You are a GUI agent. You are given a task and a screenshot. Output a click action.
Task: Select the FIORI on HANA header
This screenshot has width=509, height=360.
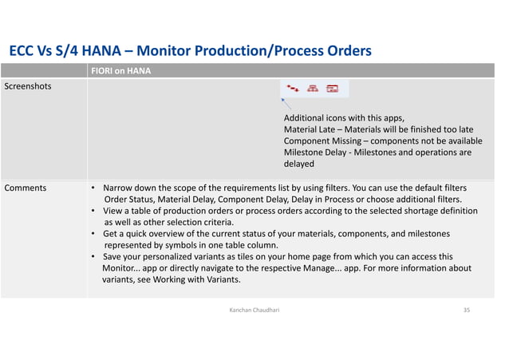[120, 71]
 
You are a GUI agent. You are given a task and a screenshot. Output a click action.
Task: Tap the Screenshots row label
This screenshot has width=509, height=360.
[28, 85]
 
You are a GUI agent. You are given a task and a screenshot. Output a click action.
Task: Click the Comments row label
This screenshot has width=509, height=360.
[26, 188]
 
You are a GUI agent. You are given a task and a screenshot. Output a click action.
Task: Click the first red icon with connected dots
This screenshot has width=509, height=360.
[294, 89]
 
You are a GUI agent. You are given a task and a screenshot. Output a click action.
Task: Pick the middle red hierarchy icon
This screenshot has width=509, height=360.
[313, 89]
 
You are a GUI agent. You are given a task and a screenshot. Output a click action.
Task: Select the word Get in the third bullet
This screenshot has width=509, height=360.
[112, 234]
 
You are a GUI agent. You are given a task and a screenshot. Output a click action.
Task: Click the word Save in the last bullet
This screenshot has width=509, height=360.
[114, 257]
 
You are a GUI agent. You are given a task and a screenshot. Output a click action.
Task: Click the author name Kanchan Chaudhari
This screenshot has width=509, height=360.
[254, 308]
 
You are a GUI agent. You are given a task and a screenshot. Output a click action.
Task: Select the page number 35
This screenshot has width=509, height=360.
[466, 308]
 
